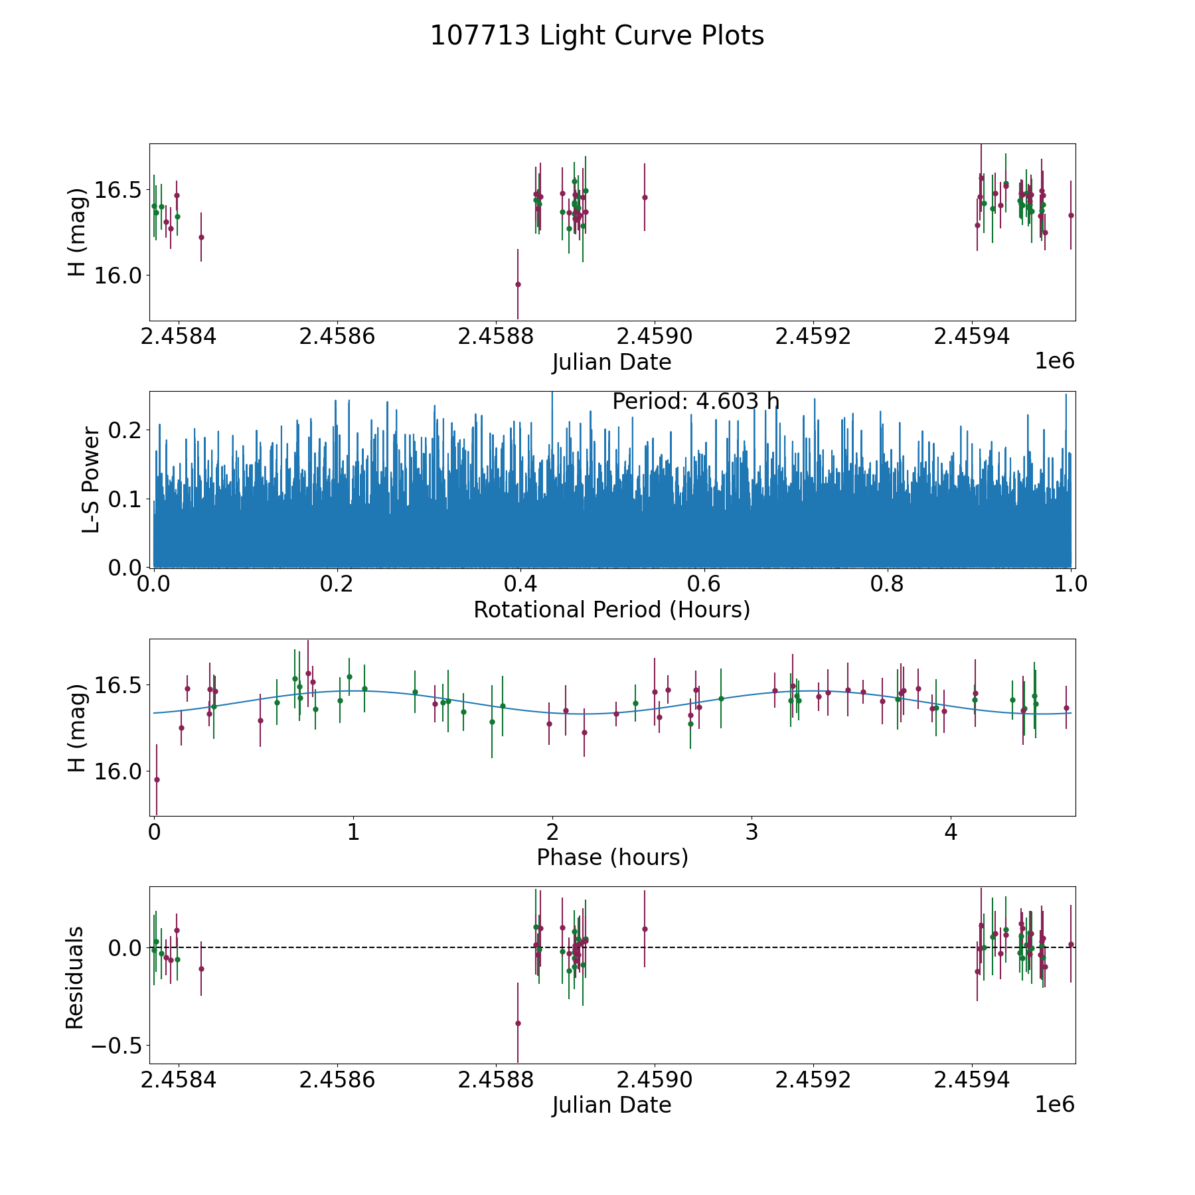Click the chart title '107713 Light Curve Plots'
pyautogui.click(x=597, y=36)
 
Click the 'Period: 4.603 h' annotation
pyautogui.click(x=696, y=402)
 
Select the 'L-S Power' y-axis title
pyautogui.click(x=91, y=479)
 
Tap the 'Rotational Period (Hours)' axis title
pyautogui.click(x=611, y=609)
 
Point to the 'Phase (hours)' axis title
pyautogui.click(x=612, y=857)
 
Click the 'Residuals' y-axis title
pyautogui.click(x=75, y=977)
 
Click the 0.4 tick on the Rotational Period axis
pyautogui.click(x=520, y=584)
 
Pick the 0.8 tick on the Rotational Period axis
pyautogui.click(x=888, y=584)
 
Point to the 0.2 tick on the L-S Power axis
pyautogui.click(x=126, y=430)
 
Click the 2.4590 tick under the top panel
pyautogui.click(x=655, y=337)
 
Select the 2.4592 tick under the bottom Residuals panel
pyautogui.click(x=813, y=1079)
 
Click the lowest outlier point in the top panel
pyautogui.click(x=518, y=284)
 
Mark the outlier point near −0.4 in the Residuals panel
pyautogui.click(x=518, y=1023)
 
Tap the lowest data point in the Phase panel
pyautogui.click(x=157, y=779)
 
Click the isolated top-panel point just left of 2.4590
pyautogui.click(x=645, y=197)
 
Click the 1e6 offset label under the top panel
pyautogui.click(x=1054, y=361)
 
